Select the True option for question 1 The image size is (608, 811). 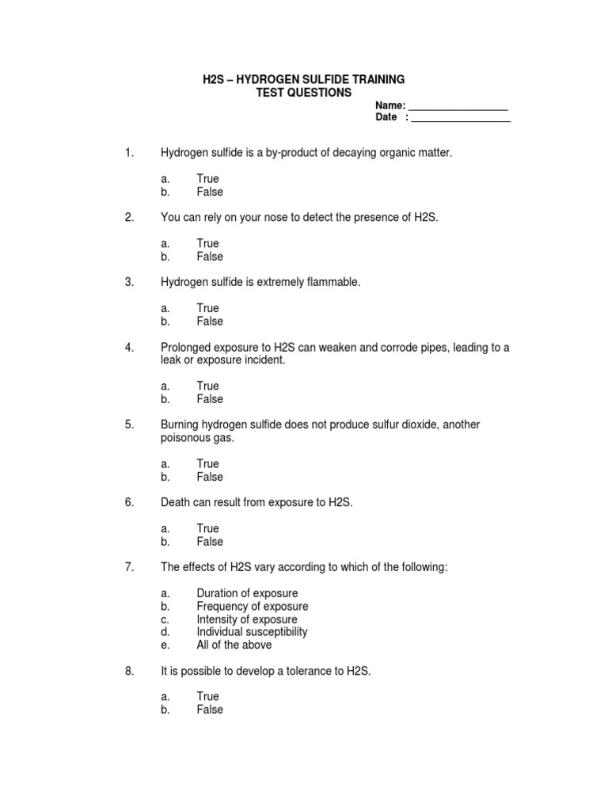coord(207,179)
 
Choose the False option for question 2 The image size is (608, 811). coord(210,257)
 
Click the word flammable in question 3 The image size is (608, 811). coord(332,282)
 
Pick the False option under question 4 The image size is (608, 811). coord(210,399)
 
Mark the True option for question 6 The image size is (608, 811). coord(207,528)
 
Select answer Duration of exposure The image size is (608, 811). coord(247,593)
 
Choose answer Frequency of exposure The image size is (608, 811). coord(252,607)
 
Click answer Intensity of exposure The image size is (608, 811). coord(247,619)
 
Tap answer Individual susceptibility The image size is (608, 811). coord(252,632)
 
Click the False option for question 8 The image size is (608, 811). coord(210,710)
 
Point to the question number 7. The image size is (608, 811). coord(129,567)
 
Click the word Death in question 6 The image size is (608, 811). coord(176,502)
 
